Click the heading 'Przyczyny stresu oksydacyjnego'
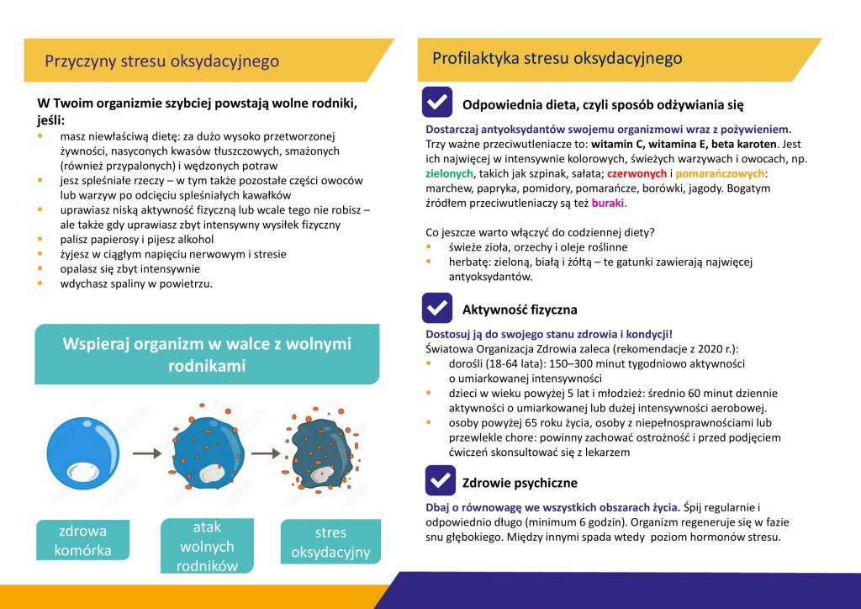(161, 61)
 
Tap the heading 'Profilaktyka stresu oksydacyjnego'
(557, 58)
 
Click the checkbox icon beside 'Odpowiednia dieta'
(437, 103)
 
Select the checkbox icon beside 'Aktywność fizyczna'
(437, 308)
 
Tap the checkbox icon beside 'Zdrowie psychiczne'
(437, 480)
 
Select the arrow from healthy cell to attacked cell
(146, 453)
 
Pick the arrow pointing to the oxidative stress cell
(265, 453)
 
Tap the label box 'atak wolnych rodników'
(207, 546)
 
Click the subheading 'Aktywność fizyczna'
(520, 310)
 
